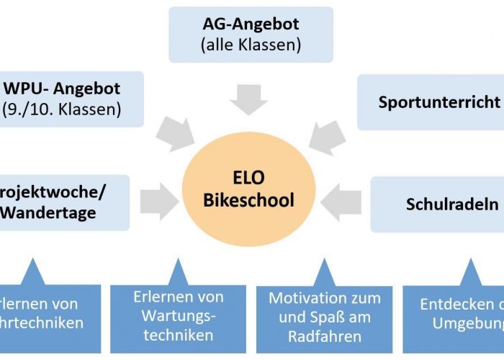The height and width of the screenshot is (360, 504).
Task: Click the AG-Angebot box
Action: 251,34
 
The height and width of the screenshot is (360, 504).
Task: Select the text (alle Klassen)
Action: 251,45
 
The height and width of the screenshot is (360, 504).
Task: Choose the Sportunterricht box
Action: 432,102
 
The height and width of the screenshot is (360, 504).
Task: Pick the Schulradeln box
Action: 439,204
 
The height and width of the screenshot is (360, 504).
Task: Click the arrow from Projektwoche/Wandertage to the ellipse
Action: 159,200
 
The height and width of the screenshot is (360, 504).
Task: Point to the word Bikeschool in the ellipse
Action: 248,199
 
